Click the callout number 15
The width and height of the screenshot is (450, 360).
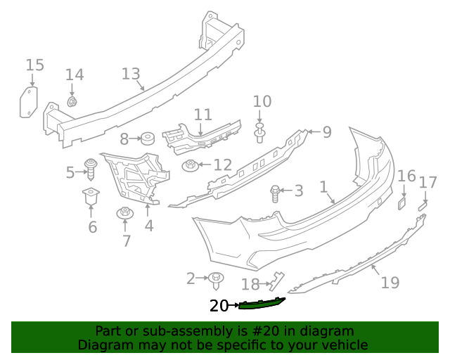34,65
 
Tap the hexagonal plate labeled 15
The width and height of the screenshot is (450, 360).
28,102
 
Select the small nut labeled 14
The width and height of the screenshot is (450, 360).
72,102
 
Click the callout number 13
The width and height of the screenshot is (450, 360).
131,74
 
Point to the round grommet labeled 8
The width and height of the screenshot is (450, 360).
148,138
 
